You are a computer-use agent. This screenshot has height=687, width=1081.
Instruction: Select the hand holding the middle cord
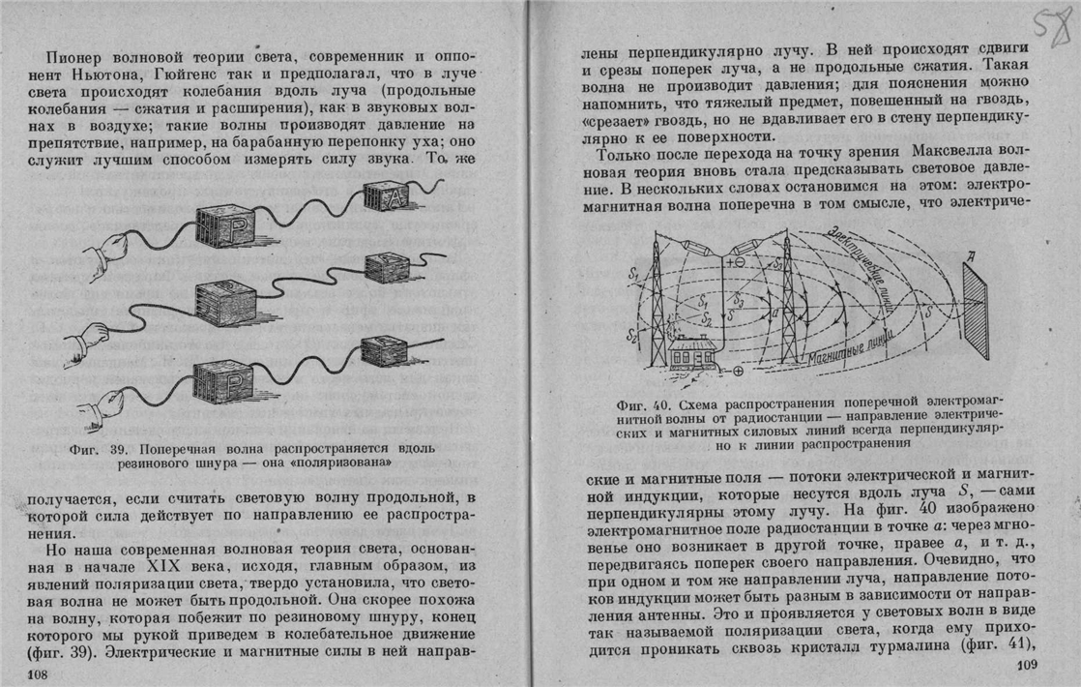(x=87, y=339)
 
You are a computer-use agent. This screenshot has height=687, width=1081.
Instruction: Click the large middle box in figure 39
(x=225, y=303)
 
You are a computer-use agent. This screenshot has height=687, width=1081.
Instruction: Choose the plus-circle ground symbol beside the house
(x=739, y=371)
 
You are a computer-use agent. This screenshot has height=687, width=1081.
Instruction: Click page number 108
(x=38, y=674)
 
